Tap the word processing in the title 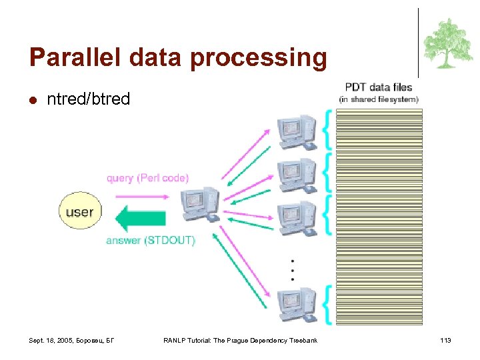point(257,58)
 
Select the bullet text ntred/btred point(88,100)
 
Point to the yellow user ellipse point(79,213)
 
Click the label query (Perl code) point(147,178)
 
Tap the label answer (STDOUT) point(150,241)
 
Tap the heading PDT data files point(378,87)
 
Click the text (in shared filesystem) point(379,99)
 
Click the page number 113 point(445,341)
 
